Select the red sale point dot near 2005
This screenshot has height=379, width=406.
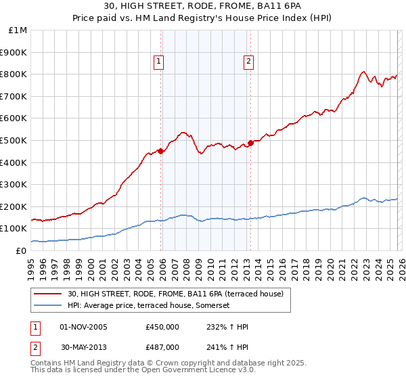160,151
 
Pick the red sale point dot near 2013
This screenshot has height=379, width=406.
250,143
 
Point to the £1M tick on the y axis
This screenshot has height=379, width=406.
18,30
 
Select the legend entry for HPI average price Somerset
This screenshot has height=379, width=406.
149,306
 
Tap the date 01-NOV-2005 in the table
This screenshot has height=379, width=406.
84,327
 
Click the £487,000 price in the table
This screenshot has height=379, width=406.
162,347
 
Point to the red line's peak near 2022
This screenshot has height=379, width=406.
363,71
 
